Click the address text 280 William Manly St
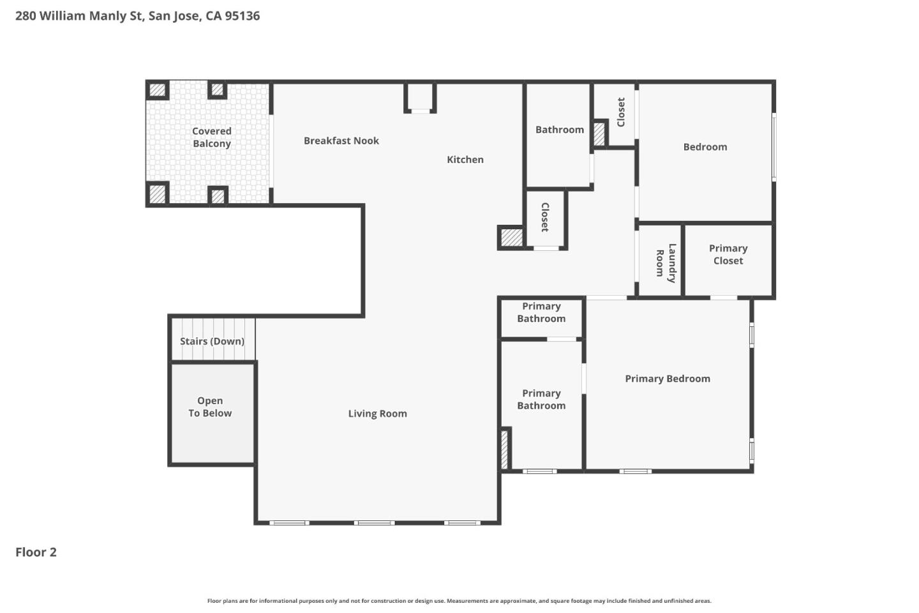point(137,16)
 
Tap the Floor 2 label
point(36,552)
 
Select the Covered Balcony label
point(212,137)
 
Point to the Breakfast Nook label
point(341,141)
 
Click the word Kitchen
point(465,160)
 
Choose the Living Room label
point(377,414)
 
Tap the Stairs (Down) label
point(212,342)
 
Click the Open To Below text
point(210,407)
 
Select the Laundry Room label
point(666,262)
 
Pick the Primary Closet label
point(728,254)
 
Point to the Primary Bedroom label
point(667,379)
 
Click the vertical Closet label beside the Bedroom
point(620,112)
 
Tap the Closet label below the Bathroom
point(544,217)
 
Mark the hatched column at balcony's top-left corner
point(157,90)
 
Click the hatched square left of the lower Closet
point(511,238)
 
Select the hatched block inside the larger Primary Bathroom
point(504,450)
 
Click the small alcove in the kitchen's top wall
point(420,97)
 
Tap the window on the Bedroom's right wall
point(773,147)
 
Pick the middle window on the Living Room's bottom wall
point(375,523)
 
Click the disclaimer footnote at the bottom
point(459,601)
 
